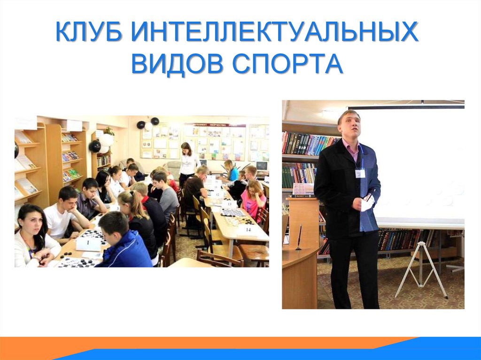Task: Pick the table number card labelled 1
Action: coord(88,243)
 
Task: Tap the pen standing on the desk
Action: coord(299,237)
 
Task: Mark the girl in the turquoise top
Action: coord(231,172)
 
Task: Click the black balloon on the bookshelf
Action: coord(95,146)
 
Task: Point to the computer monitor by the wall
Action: coord(261,166)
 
